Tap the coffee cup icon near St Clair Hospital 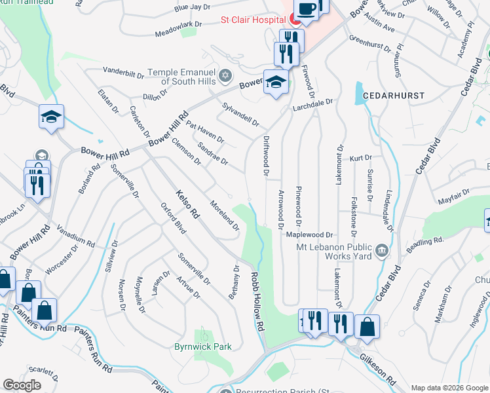(307, 9)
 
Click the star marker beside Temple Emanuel (225, 74)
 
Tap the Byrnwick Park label (203, 346)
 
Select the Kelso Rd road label (186, 204)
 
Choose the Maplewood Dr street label (311, 234)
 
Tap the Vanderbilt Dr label (123, 72)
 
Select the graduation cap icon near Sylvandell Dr (276, 82)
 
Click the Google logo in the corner (22, 384)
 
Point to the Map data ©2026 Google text (449, 388)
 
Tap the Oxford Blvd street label (173, 218)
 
